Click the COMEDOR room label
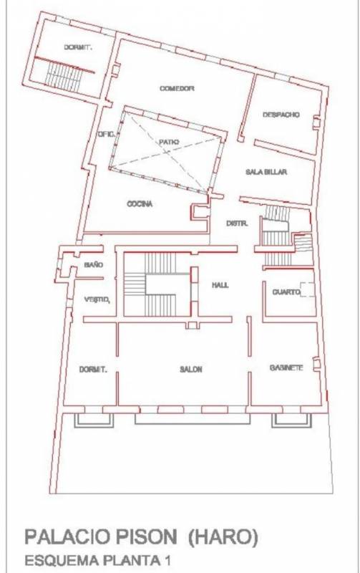coord(177,88)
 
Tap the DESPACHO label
coord(281,115)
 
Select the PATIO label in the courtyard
coord(169,142)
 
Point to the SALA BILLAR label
coord(266,172)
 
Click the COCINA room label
coord(140,204)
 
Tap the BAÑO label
coord(94,264)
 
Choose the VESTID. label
coord(97,299)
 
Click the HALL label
coord(220,285)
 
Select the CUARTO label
coord(286,292)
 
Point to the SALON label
coord(191,370)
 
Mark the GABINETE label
coord(286,367)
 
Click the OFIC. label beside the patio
coord(106,134)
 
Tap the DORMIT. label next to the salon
coord(93,370)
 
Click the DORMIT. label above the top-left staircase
coord(78,47)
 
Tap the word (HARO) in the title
coord(223,537)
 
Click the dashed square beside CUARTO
coord(307,289)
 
